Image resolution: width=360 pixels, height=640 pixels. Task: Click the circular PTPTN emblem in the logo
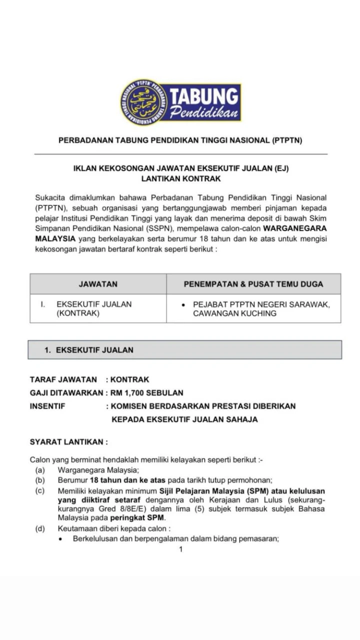point(143,102)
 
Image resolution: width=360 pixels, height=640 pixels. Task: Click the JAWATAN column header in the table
point(98,284)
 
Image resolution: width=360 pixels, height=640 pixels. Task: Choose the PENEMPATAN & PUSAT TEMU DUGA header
point(253,284)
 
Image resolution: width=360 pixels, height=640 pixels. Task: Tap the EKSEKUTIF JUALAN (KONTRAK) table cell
point(94,308)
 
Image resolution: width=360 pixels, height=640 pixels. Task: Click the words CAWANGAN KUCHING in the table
point(234,313)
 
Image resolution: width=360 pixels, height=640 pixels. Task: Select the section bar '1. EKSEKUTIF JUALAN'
point(184,350)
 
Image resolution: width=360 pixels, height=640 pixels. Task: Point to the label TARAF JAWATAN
point(63,379)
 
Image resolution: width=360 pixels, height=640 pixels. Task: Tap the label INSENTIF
point(47,406)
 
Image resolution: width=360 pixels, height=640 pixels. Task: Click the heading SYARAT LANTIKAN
point(68,442)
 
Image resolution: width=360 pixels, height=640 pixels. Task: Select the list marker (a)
point(39,469)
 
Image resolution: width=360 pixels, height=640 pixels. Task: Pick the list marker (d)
point(39,528)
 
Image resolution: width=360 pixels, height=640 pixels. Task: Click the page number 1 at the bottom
point(180,549)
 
